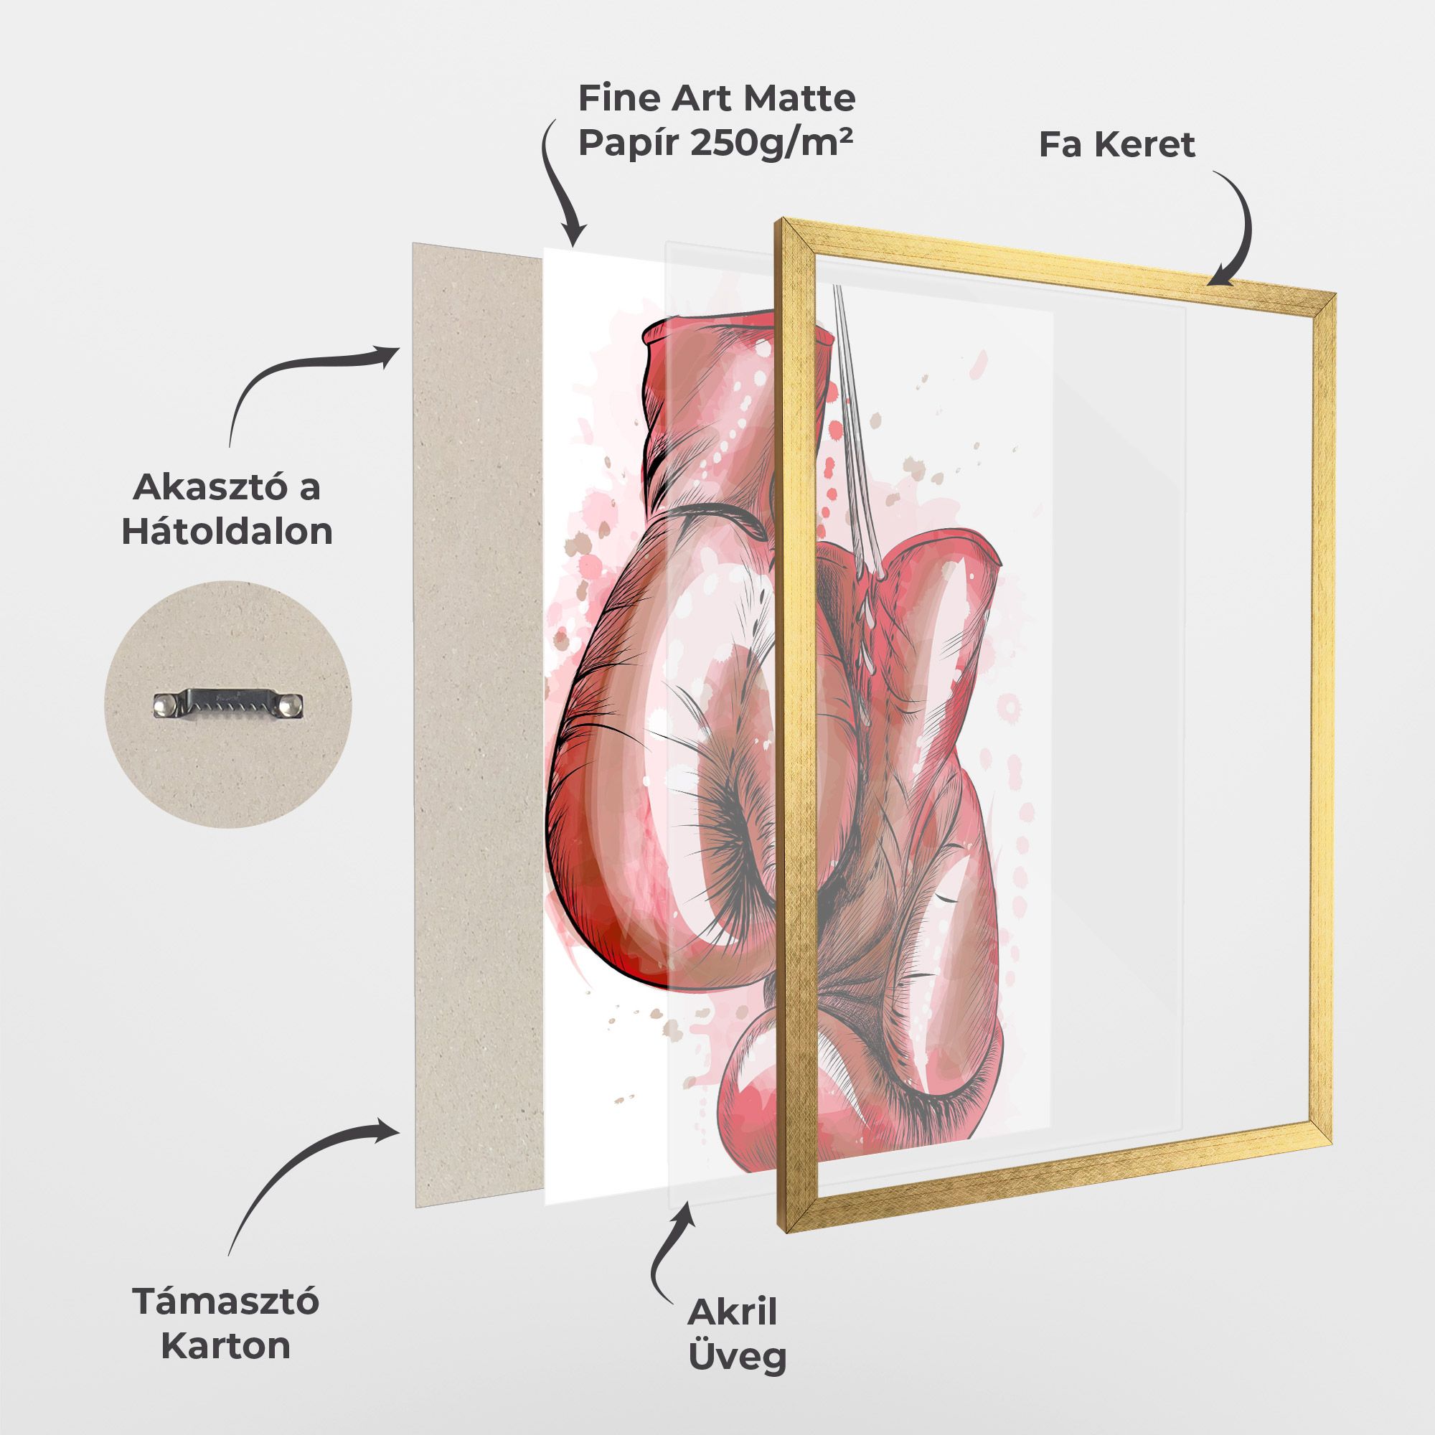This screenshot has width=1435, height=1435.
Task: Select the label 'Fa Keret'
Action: (1117, 144)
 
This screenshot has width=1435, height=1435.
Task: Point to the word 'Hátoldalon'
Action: (227, 532)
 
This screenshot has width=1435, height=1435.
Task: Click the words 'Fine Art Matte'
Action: (717, 98)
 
